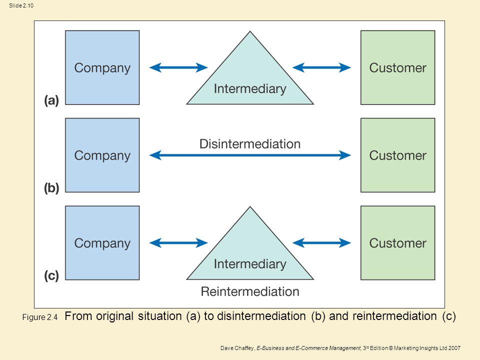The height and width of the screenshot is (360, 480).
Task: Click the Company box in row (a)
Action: coord(102,67)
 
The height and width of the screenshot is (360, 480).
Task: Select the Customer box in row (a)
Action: coord(397,67)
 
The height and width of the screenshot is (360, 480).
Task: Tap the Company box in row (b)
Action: coord(102,155)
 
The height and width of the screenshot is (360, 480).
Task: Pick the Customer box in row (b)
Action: coord(397,155)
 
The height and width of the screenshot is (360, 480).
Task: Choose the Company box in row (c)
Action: coord(102,243)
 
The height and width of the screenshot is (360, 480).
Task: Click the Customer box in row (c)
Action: coord(397,243)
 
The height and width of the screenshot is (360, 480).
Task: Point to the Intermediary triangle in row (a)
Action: coord(250,79)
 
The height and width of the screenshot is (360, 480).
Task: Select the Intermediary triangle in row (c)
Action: coord(250,254)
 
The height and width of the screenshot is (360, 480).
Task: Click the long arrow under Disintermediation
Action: coord(250,155)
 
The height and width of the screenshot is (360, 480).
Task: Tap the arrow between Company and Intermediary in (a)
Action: coord(178,67)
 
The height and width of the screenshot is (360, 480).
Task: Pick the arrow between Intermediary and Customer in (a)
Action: coord(321,67)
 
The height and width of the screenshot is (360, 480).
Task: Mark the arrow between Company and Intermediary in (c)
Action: coord(178,243)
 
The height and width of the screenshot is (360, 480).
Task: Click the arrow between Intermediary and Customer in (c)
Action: coord(321,243)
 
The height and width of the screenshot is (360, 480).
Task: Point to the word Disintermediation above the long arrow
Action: coord(250,144)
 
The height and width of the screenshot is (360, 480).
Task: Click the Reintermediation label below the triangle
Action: coord(250,291)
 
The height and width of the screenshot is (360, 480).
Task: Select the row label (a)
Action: coord(51,100)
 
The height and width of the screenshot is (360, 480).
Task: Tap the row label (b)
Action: coord(51,188)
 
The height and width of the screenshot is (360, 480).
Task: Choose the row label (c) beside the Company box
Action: coord(51,275)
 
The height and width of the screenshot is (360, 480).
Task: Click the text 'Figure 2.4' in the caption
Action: coord(40,317)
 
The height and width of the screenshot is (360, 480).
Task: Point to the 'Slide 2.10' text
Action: coord(21,5)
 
